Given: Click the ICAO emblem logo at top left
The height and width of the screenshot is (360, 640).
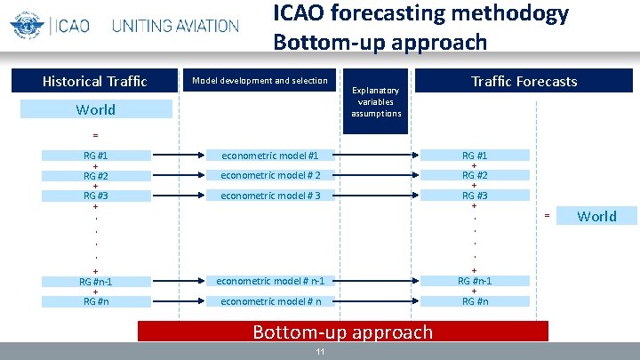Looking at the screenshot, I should click(x=27, y=24).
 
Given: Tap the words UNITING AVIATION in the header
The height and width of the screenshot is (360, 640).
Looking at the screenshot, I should click(x=175, y=26).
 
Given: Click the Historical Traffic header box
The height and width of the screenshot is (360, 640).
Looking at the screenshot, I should click(x=96, y=81).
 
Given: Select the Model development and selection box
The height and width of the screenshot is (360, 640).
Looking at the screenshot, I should click(x=260, y=81).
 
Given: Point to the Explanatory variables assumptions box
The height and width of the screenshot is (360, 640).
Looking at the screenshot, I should click(x=375, y=101).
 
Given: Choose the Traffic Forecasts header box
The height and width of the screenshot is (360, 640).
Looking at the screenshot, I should click(x=524, y=81).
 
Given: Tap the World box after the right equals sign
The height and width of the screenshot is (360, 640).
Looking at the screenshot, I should click(x=596, y=216).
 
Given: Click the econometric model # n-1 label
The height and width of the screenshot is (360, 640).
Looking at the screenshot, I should click(x=269, y=281).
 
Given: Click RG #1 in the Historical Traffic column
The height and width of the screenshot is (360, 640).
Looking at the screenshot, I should click(x=96, y=156).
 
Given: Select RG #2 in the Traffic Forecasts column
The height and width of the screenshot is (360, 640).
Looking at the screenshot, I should click(x=474, y=175).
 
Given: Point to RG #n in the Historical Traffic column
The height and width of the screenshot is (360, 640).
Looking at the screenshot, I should click(x=96, y=301).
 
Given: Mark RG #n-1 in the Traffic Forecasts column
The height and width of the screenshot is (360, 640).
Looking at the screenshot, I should click(x=474, y=281).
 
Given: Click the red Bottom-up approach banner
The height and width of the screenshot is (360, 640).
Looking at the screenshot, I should click(x=343, y=332).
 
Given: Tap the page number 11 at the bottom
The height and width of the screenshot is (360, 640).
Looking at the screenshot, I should click(x=321, y=352).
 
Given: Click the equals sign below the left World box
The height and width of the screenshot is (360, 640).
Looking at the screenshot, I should click(x=95, y=135).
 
